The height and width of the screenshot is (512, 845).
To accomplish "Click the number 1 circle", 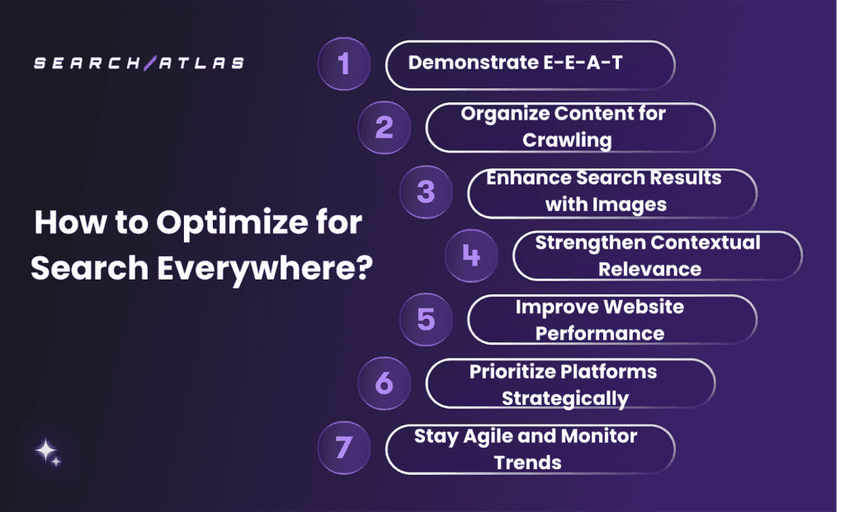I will point(344,63).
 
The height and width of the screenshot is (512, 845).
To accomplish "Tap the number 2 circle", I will point(385,128).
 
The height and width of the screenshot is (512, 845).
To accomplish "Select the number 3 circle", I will point(426,192).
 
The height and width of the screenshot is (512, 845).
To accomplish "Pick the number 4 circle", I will point(471,256).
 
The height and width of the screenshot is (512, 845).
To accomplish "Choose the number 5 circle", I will point(426,319).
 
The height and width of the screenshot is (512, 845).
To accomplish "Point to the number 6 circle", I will point(385,383).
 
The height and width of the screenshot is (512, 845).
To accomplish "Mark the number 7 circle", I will point(344,448).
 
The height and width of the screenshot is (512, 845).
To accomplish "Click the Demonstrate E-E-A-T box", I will point(530,64).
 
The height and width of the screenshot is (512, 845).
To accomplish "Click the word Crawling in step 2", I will point(568,140).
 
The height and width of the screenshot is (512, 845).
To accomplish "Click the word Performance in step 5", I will point(600,333).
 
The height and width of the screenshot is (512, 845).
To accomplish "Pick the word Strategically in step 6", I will point(565,398).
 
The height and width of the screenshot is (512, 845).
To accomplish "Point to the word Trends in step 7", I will point(528,463).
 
